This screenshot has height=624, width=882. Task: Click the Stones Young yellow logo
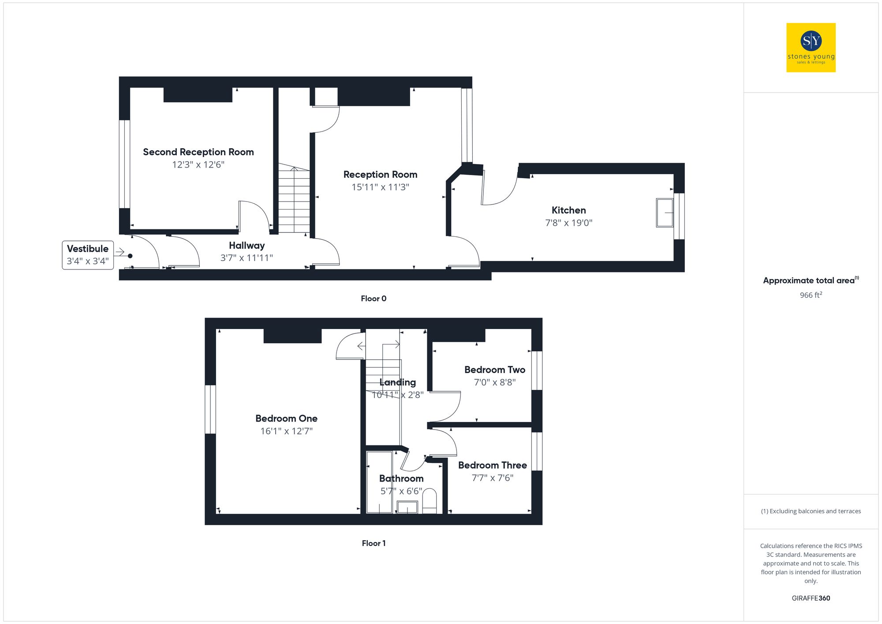(811, 48)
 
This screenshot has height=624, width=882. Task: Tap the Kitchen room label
(568, 210)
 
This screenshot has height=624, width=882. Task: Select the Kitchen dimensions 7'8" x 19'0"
(568, 223)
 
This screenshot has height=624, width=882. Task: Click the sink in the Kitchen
(665, 213)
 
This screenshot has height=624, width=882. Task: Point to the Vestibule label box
(88, 255)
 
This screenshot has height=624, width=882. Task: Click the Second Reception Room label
(198, 152)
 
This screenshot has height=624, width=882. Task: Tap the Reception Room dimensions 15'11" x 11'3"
(380, 187)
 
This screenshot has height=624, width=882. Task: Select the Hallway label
(247, 246)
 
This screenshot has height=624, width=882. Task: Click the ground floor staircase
(294, 198)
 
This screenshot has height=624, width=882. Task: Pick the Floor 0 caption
(373, 299)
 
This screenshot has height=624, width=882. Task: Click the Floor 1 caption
(373, 543)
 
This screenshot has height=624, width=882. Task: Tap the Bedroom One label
(286, 418)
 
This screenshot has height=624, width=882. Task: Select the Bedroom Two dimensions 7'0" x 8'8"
(494, 382)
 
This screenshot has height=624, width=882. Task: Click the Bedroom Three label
(492, 465)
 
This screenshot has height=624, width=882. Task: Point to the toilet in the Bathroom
(429, 501)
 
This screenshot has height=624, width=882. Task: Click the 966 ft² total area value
(811, 295)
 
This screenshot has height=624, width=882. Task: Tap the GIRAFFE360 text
(811, 598)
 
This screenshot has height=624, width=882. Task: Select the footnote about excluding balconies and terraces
(811, 511)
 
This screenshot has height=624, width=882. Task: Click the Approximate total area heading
(811, 280)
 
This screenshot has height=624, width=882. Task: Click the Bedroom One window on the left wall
(211, 409)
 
